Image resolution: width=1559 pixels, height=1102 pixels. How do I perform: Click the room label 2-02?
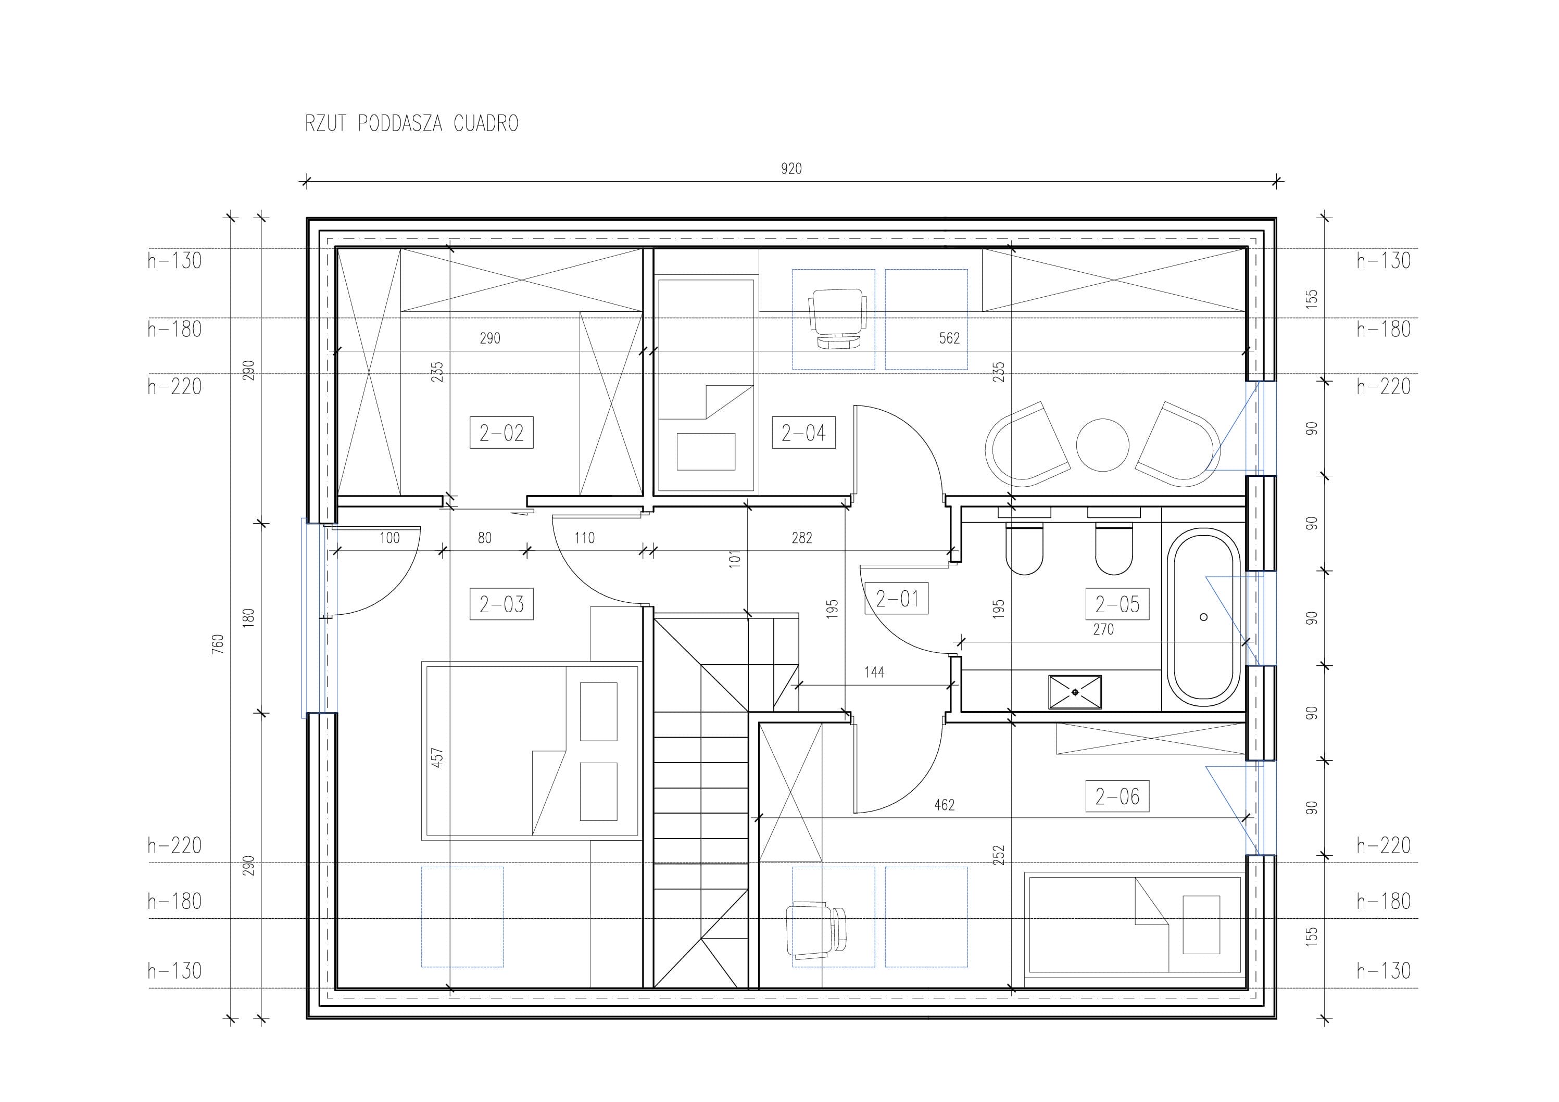click(501, 433)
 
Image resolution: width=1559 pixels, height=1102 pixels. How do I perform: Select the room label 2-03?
click(501, 604)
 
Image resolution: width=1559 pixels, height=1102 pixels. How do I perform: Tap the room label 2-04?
click(803, 433)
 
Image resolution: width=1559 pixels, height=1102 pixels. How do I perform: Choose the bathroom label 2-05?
click(1117, 604)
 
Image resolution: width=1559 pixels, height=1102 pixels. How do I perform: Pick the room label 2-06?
click(1117, 796)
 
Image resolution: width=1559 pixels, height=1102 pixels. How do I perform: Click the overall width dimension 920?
click(791, 168)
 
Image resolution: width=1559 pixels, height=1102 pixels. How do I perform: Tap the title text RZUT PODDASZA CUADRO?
click(411, 123)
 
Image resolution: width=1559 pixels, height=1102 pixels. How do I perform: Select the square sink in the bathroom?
click(1075, 692)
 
